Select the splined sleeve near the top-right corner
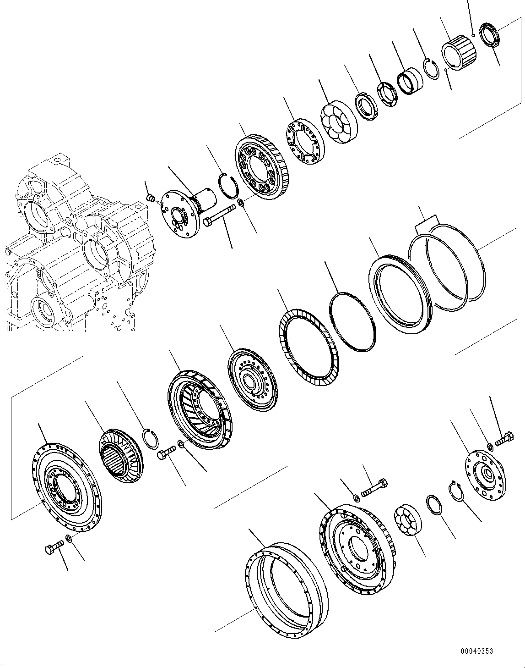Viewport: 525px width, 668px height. (x=459, y=55)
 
